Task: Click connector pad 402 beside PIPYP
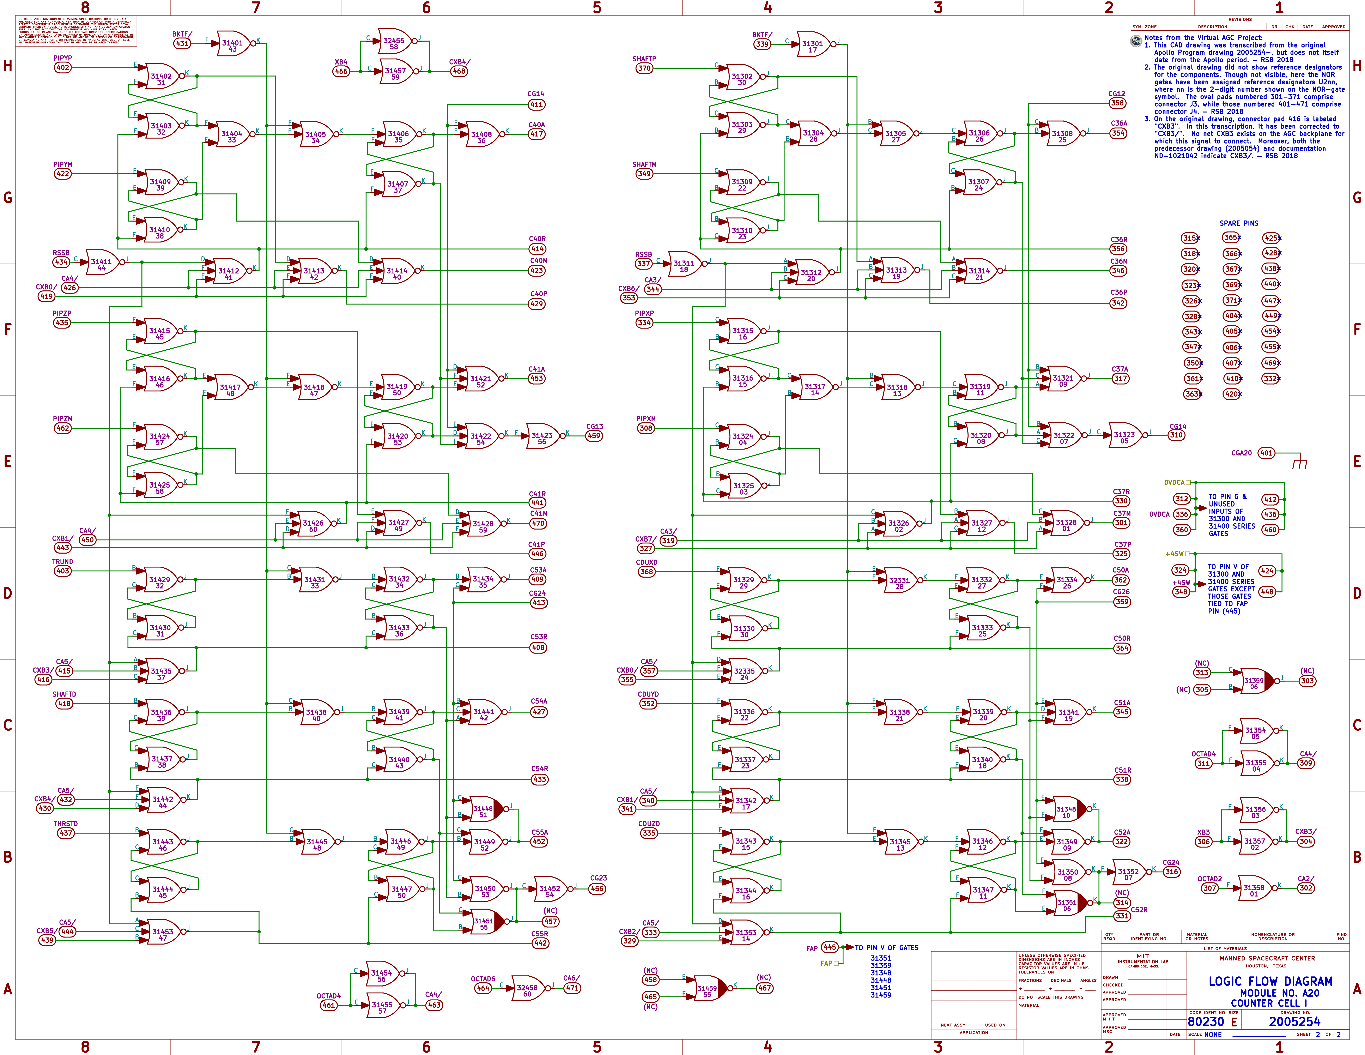coord(62,67)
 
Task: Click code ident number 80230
coord(1206,1021)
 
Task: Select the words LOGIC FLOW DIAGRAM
coord(1270,981)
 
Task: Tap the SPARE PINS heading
coord(1239,223)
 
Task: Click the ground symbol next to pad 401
coord(1299,464)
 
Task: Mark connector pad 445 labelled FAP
coord(829,947)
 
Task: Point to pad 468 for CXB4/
coord(459,71)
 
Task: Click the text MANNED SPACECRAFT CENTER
coord(1267,958)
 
